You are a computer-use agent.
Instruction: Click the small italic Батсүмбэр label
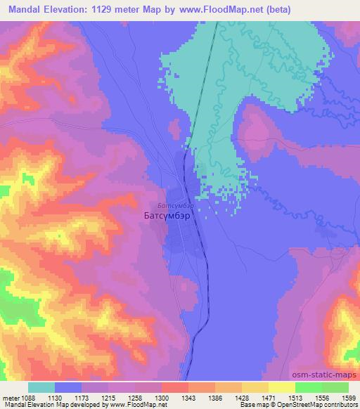(x=174, y=205)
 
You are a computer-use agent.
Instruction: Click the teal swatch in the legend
(x=41, y=387)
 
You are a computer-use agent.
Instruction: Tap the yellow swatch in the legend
(x=281, y=387)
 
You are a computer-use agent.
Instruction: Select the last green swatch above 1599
(x=335, y=387)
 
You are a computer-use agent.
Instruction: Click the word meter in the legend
(x=11, y=397)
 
